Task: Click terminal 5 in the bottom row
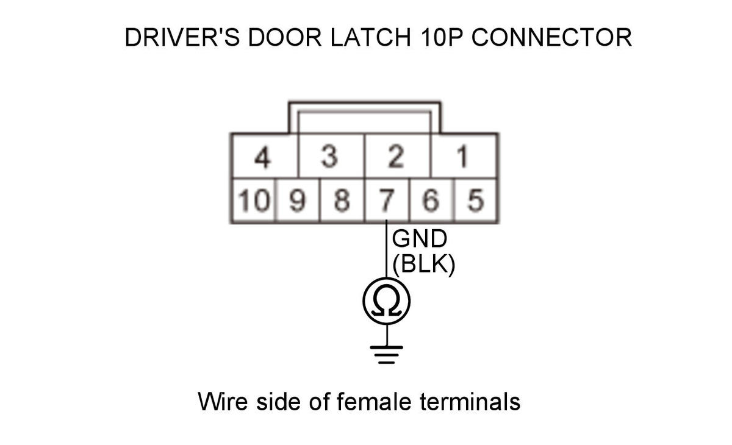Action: [x=476, y=201]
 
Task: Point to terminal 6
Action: [x=432, y=201]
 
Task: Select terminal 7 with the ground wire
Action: [x=387, y=201]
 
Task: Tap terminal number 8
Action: [x=342, y=201]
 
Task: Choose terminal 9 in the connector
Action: [x=297, y=201]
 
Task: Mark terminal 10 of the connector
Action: [x=253, y=201]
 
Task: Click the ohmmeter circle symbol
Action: [x=386, y=301]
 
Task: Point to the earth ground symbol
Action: [x=386, y=353]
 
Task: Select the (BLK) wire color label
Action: [x=423, y=266]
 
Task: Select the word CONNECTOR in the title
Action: [x=551, y=38]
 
